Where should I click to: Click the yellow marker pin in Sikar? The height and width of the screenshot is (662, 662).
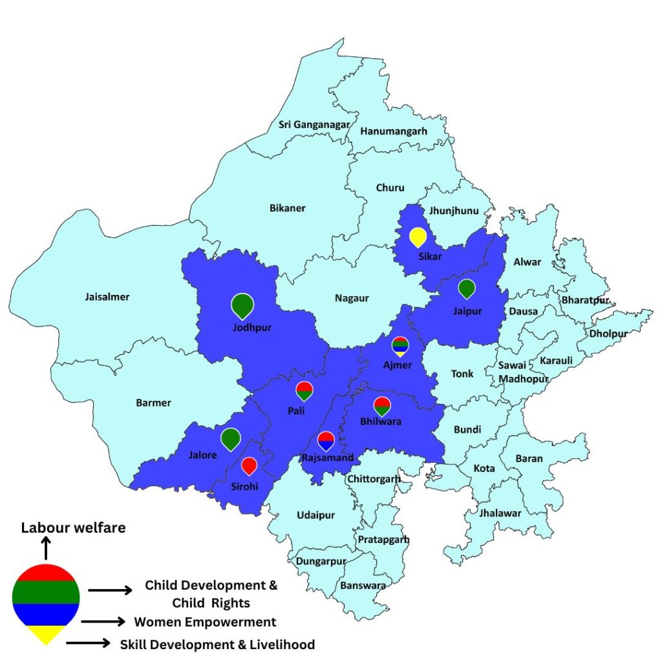pyautogui.click(x=418, y=237)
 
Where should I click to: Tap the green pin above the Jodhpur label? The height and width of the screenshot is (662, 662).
pyautogui.click(x=242, y=304)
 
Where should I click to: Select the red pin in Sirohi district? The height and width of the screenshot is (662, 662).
pyautogui.click(x=249, y=465)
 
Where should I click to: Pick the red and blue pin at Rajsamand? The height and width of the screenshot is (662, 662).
pyautogui.click(x=326, y=440)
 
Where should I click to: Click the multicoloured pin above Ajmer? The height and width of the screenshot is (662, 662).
pyautogui.click(x=400, y=346)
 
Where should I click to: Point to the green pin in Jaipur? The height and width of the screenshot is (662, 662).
pyautogui.click(x=466, y=288)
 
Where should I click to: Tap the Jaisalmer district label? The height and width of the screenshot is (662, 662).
pyautogui.click(x=107, y=297)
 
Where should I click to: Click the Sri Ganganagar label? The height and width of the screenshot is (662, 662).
pyautogui.click(x=314, y=125)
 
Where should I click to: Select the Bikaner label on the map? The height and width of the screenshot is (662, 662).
pyautogui.click(x=287, y=208)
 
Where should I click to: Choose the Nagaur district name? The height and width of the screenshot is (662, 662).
pyautogui.click(x=352, y=298)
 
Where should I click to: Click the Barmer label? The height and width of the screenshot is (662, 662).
pyautogui.click(x=153, y=403)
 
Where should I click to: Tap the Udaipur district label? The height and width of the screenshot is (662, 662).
pyautogui.click(x=315, y=515)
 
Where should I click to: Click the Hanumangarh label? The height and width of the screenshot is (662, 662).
pyautogui.click(x=394, y=131)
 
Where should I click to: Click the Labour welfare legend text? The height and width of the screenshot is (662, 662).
pyautogui.click(x=73, y=528)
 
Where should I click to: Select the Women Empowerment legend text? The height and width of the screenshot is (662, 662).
pyautogui.click(x=205, y=622)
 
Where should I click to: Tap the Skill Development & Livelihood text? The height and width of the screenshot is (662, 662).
pyautogui.click(x=217, y=645)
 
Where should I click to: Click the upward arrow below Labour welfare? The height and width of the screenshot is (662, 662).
pyautogui.click(x=46, y=550)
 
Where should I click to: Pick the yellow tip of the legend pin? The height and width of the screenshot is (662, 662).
pyautogui.click(x=46, y=635)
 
